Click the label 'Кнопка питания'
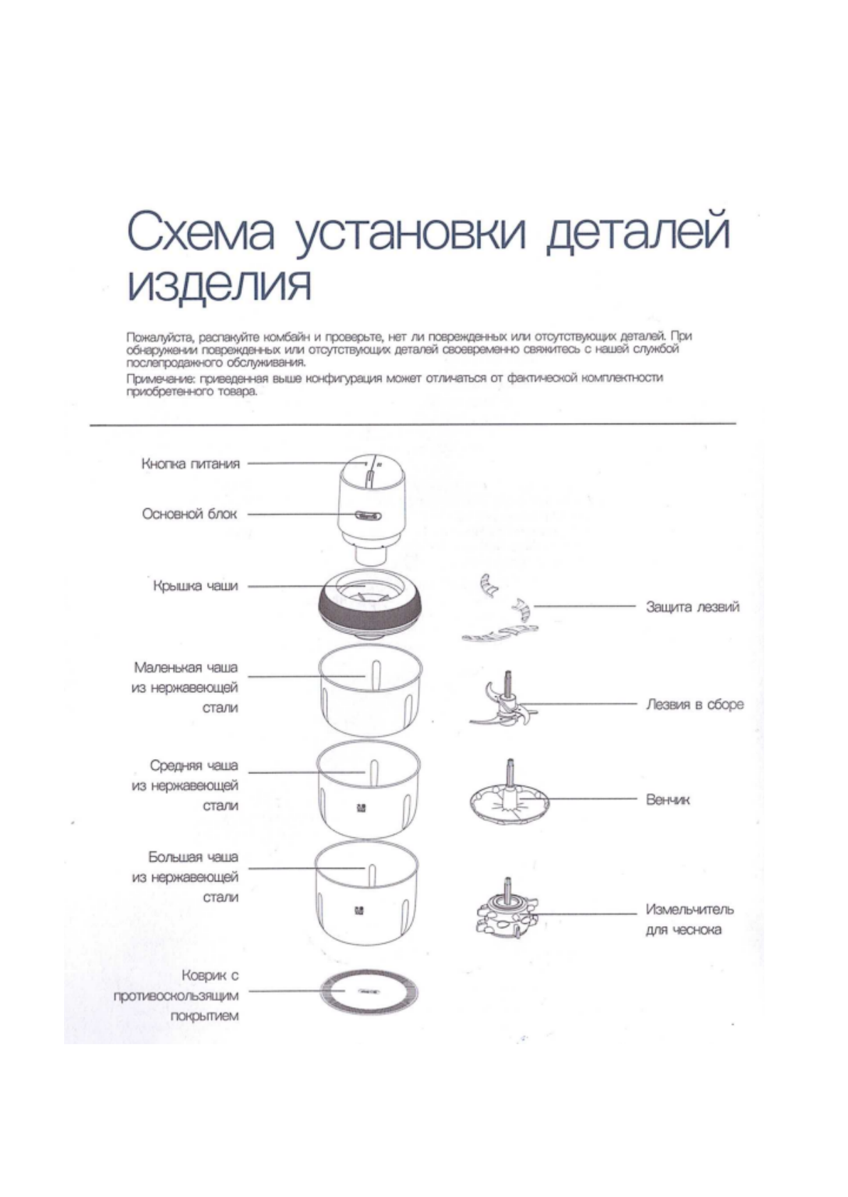click(x=191, y=464)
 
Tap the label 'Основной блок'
click(x=189, y=514)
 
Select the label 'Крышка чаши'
click(x=196, y=586)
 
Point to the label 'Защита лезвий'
click(x=692, y=607)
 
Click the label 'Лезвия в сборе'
click(x=694, y=704)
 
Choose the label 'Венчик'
click(x=667, y=800)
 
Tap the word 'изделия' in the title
click(x=219, y=286)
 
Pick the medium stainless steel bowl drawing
click(x=368, y=791)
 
